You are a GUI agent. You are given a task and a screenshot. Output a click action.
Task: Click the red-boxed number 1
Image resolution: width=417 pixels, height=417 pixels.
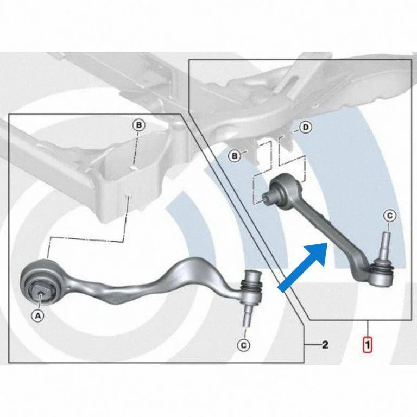(x=368, y=345)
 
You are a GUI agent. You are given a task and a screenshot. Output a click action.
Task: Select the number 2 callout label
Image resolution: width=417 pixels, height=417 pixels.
(x=325, y=345)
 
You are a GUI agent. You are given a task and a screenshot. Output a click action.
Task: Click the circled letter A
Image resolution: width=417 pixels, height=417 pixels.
(x=38, y=315)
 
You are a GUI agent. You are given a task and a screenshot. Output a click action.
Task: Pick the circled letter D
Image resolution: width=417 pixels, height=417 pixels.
(x=306, y=128)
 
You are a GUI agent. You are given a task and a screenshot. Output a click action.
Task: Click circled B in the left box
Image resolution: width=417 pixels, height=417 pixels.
(x=139, y=125)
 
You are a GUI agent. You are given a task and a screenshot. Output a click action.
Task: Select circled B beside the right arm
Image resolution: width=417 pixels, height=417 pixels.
(x=235, y=156)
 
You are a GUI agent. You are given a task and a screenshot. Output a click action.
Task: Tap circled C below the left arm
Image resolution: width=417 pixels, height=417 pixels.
(x=244, y=345)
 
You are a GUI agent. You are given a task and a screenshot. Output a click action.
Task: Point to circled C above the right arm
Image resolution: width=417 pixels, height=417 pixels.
(x=390, y=216)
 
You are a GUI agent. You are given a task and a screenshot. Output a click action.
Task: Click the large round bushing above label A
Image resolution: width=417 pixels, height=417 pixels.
(x=41, y=282)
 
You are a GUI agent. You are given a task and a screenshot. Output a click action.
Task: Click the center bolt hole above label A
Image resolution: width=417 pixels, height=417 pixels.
(x=40, y=293)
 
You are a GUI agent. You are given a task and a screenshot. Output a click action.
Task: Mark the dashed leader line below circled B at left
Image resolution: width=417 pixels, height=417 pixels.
(x=136, y=148)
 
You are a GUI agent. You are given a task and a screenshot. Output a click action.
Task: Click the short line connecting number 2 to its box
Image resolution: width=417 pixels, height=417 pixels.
(x=312, y=345)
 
